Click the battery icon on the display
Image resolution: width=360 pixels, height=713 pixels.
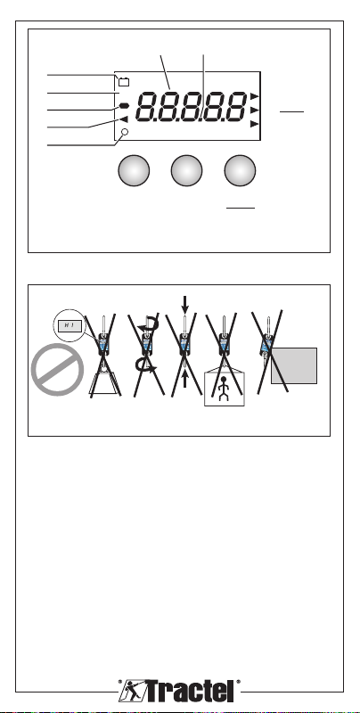(124, 82)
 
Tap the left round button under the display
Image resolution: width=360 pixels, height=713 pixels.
(134, 170)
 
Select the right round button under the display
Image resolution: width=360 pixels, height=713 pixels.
(240, 170)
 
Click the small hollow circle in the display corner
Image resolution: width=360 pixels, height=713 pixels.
(125, 132)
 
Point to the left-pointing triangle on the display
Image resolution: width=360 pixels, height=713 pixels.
(124, 119)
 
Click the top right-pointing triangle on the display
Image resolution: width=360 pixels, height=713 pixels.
(255, 96)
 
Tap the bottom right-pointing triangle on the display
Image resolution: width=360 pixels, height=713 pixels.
(255, 124)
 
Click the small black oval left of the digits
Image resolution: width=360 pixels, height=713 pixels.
(124, 105)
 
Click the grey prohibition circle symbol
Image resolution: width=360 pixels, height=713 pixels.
(57, 369)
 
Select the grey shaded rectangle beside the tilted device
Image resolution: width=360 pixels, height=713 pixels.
(294, 365)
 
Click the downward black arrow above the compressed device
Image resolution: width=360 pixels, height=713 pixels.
(184, 304)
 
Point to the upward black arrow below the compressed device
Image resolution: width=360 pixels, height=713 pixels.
(184, 380)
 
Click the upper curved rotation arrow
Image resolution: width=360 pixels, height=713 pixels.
(149, 325)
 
